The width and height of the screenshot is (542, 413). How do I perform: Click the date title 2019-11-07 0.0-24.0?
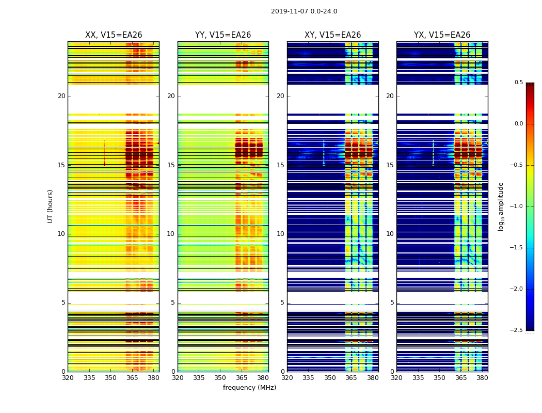click(x=304, y=11)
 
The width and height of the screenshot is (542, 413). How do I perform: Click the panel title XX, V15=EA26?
click(x=114, y=35)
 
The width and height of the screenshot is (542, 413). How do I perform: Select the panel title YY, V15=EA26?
click(x=223, y=35)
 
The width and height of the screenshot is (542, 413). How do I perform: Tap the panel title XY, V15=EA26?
click(x=332, y=35)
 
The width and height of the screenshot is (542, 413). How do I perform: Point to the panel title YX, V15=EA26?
click(x=442, y=35)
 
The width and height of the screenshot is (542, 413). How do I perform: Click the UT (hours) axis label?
click(x=51, y=206)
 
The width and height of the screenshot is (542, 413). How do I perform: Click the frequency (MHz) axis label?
click(x=249, y=388)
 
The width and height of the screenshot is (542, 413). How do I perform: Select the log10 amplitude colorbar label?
click(x=501, y=206)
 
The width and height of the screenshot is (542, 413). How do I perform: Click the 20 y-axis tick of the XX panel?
click(x=61, y=96)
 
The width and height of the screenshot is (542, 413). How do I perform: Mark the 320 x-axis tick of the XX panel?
click(x=68, y=378)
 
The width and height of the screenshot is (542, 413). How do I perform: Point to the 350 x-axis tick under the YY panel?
click(x=220, y=378)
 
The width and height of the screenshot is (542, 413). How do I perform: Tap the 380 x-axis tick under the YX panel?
click(x=482, y=378)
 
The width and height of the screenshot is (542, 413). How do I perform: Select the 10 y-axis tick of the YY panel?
click(x=171, y=234)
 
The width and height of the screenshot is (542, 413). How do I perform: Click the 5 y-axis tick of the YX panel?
click(x=392, y=303)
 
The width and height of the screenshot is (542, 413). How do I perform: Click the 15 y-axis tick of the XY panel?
click(x=281, y=165)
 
